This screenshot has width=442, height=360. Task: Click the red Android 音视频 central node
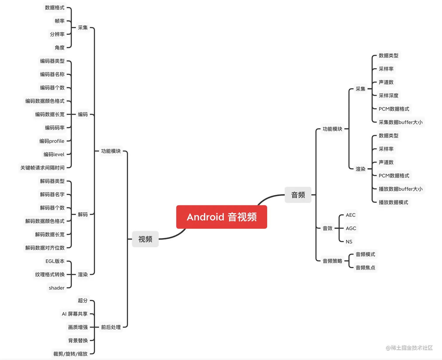222,217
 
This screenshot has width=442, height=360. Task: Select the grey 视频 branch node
145,239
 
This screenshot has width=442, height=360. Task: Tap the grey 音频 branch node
298,195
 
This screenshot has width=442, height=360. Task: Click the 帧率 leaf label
60,21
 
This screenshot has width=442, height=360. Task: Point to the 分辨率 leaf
57,34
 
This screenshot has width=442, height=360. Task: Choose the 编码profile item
52,141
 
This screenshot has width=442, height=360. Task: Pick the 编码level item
54,154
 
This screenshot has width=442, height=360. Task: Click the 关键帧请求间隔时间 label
42,168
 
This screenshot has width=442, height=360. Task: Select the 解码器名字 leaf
52,194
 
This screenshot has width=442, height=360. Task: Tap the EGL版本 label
55,261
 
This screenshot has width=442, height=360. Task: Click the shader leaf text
56,288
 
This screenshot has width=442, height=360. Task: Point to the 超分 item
83,301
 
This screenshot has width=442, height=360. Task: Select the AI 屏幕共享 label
75,314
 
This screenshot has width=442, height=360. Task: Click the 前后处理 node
111,327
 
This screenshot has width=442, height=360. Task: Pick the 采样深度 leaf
389,96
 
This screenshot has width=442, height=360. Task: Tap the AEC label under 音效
351,215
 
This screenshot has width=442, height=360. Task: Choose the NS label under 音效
349,242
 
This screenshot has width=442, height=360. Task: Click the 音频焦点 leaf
365,268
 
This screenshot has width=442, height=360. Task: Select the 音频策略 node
332,261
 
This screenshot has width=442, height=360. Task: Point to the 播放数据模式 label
393,202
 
